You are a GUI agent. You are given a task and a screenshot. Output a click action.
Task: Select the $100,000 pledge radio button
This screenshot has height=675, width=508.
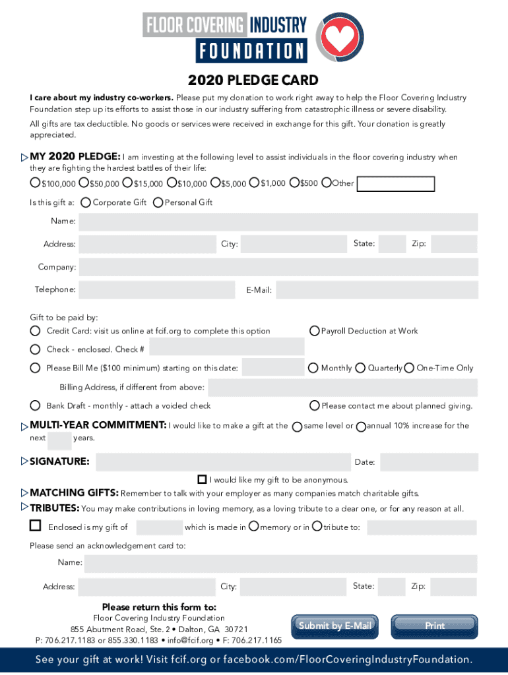pos(35,183)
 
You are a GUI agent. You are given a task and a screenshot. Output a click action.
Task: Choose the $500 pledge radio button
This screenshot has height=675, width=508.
pos(294,183)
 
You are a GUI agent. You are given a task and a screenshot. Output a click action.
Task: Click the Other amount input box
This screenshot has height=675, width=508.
pos(395,184)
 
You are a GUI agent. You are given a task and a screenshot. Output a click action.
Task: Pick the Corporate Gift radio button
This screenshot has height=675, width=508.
pos(86,202)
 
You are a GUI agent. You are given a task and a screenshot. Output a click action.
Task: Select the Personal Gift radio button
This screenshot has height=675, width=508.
pos(158,202)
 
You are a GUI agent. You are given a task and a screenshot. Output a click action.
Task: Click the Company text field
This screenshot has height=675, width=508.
pos(278,267)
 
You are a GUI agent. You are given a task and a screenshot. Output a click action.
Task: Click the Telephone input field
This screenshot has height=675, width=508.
pos(156,289)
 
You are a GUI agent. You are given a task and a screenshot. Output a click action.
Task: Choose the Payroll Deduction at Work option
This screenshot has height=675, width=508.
pos(315,331)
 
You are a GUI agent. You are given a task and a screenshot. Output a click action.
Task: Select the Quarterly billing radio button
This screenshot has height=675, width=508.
pos(361,368)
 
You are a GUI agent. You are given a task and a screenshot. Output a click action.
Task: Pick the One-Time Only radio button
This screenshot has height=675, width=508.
pos(409,368)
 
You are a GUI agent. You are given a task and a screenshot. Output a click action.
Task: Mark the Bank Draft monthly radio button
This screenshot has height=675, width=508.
pos(35,405)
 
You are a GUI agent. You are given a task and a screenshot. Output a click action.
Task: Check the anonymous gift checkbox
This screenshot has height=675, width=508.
pos(203,479)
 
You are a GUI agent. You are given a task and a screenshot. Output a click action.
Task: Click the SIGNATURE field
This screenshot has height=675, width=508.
pos(222,461)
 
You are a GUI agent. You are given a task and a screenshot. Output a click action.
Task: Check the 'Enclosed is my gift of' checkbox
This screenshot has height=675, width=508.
pos(35,526)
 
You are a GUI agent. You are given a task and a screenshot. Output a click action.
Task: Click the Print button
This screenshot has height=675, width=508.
pos(435,626)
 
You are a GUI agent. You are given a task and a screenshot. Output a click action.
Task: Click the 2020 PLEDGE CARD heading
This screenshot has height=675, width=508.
pos(253,80)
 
